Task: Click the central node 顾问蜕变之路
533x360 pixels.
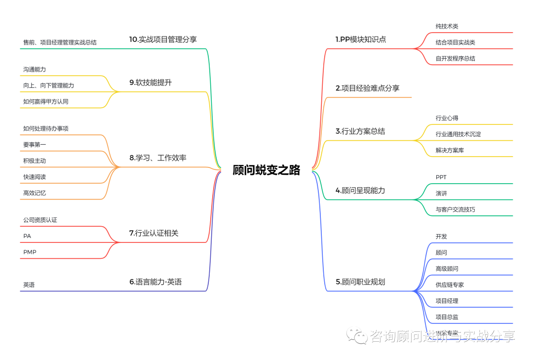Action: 266,170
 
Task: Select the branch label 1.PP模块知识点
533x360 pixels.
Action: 361,40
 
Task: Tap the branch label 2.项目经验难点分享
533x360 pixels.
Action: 367,88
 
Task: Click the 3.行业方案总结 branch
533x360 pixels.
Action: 360,131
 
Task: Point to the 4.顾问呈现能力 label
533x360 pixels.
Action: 360,190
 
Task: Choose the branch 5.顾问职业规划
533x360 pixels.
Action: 360,282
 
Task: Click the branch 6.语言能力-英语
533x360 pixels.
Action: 155,282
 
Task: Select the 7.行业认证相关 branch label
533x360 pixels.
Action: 153,233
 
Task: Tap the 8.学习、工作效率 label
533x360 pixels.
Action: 158,158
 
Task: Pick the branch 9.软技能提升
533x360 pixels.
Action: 151,82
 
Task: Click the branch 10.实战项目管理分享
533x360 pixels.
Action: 163,40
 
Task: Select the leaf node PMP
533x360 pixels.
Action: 30,252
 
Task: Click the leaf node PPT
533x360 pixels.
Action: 441,177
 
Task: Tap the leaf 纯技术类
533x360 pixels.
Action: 447,26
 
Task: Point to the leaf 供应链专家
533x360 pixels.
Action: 450,285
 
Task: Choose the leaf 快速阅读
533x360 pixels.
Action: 35,177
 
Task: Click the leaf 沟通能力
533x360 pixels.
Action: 35,70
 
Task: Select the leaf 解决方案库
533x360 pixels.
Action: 450,150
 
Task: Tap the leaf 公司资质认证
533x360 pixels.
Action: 40,220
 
